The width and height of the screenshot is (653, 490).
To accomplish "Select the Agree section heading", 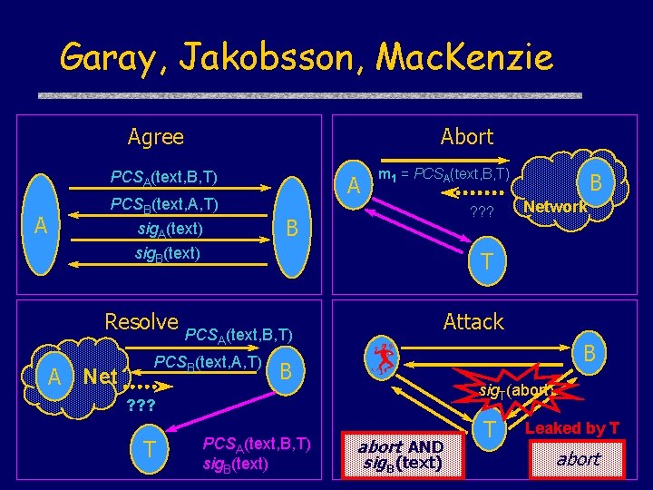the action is (155, 137).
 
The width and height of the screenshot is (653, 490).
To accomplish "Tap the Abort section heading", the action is (466, 137).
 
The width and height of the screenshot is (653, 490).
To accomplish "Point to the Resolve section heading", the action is (141, 321).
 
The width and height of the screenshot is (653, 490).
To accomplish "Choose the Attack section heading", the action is (473, 321).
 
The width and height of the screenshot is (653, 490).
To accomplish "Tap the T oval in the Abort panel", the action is (487, 261).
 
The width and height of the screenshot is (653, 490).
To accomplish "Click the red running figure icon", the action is (385, 356).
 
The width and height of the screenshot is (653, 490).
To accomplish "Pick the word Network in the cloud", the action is (555, 207).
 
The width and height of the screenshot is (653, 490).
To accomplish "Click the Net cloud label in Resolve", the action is (99, 376).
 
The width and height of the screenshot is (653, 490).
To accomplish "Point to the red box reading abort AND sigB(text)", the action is (400, 455).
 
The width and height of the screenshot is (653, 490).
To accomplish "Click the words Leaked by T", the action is (572, 428).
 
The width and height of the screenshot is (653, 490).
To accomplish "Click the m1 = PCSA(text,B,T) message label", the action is (443, 172).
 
